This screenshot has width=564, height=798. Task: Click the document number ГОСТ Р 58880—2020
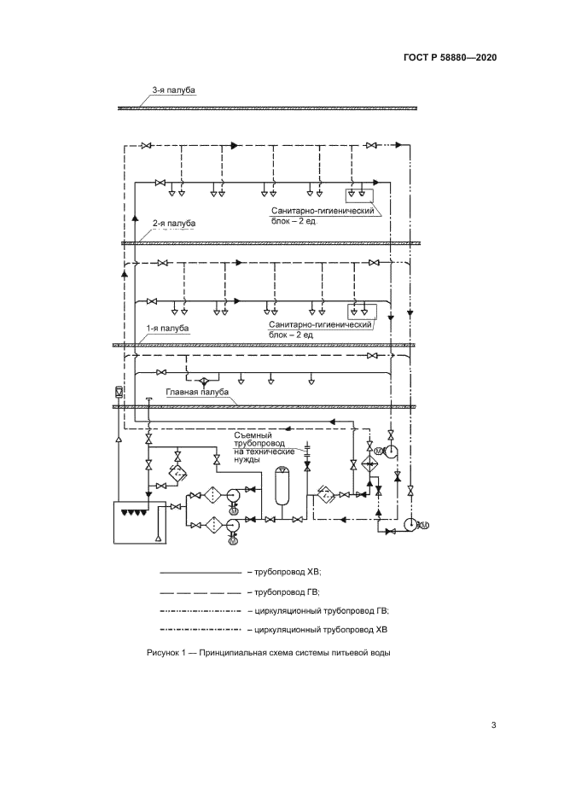point(451,58)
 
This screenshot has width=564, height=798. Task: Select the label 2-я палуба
point(173,224)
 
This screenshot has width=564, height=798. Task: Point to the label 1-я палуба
point(166,328)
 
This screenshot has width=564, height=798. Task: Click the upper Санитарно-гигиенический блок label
point(323,214)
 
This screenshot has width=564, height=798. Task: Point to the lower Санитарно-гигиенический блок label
point(322,329)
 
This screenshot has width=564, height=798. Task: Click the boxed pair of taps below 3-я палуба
point(361,191)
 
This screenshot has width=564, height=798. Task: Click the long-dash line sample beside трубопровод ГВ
point(201,591)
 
